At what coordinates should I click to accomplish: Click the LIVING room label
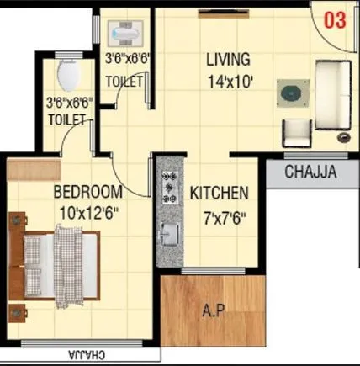tap(228, 60)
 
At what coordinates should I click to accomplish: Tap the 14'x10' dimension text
tap(228, 82)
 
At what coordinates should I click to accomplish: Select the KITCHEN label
tap(218, 193)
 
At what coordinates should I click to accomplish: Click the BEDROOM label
tap(87, 192)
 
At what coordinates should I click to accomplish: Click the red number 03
tap(334, 21)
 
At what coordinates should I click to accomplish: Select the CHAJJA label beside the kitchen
tap(310, 174)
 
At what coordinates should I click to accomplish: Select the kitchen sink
tap(168, 233)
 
